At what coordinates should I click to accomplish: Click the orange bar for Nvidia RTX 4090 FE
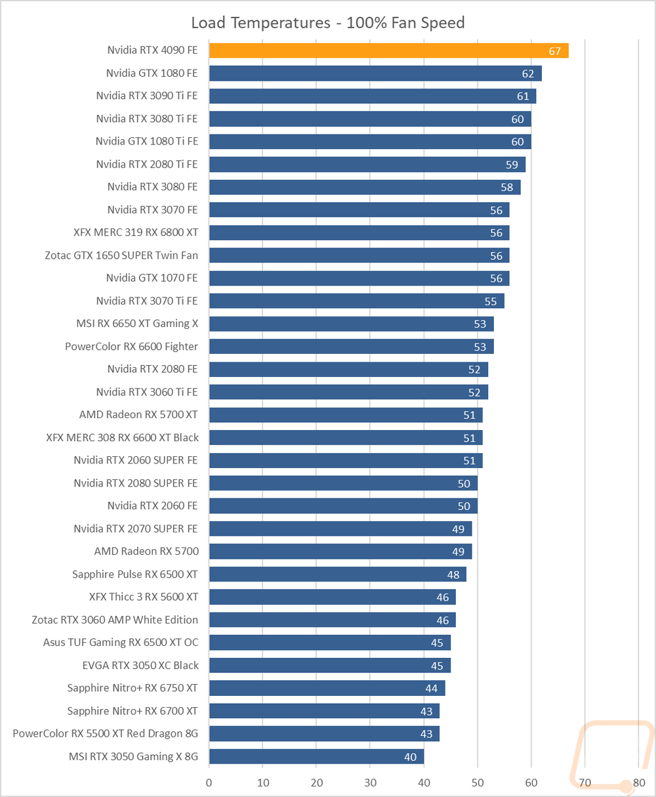pyautogui.click(x=388, y=51)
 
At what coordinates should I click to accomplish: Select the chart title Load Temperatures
pyautogui.click(x=261, y=23)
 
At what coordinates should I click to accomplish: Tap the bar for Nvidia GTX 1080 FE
pyautogui.click(x=375, y=74)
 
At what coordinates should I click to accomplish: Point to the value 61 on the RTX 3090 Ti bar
pyautogui.click(x=523, y=97)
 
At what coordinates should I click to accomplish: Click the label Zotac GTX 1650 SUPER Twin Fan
pyautogui.click(x=121, y=255)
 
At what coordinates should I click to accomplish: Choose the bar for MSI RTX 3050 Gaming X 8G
pyautogui.click(x=316, y=756)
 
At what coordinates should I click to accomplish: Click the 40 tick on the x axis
pyautogui.click(x=424, y=783)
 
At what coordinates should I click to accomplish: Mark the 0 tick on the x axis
pyautogui.click(x=209, y=783)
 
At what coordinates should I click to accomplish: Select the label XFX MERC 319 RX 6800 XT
pyautogui.click(x=136, y=232)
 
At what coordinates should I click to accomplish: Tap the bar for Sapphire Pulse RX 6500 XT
pyautogui.click(x=338, y=574)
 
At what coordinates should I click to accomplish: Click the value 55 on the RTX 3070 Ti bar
pyautogui.click(x=491, y=301)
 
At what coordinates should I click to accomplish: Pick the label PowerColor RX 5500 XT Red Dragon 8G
pyautogui.click(x=105, y=733)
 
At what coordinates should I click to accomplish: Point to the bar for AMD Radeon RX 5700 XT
pyautogui.click(x=346, y=415)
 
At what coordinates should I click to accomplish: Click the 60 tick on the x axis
pyautogui.click(x=531, y=783)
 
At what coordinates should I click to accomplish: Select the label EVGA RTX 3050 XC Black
pyautogui.click(x=140, y=665)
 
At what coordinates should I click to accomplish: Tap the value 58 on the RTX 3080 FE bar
pyautogui.click(x=507, y=187)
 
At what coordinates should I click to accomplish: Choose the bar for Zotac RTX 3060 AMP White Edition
pyautogui.click(x=332, y=620)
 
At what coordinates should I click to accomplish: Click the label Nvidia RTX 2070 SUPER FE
pyautogui.click(x=136, y=528)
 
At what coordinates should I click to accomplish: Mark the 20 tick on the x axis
pyautogui.click(x=317, y=783)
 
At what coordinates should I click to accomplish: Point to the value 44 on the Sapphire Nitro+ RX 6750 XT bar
pyautogui.click(x=432, y=688)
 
